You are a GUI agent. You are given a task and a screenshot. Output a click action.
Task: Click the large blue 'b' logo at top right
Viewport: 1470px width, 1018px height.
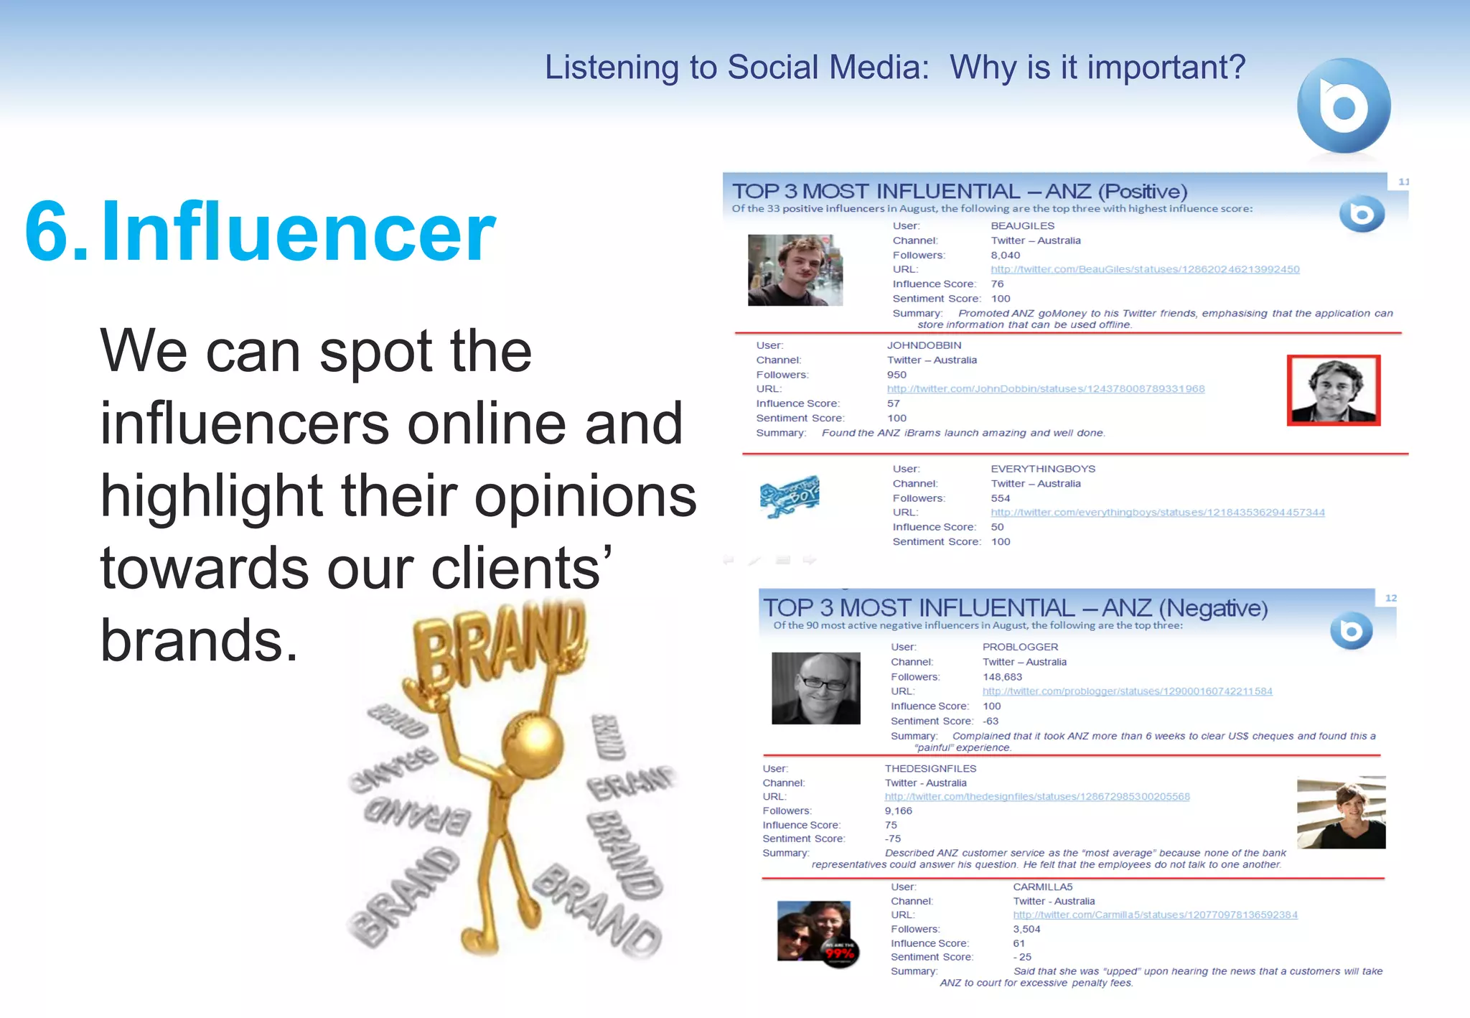1344,106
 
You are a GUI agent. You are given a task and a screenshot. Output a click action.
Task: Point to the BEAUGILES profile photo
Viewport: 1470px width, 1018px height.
795,271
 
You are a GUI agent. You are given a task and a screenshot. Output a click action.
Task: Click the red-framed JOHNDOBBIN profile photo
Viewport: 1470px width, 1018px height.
1333,391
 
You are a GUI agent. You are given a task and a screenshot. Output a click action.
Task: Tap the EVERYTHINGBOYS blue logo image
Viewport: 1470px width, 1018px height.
790,495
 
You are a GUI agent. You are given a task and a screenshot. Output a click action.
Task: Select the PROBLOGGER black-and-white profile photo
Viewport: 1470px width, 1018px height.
815,688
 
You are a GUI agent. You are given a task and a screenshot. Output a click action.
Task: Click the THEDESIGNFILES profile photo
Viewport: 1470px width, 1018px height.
1341,813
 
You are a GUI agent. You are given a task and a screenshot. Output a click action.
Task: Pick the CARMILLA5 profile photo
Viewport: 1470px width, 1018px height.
817,933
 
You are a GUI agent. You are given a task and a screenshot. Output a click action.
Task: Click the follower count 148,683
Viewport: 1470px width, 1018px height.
1002,677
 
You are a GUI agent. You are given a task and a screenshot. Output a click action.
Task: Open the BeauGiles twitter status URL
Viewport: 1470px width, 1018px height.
1145,270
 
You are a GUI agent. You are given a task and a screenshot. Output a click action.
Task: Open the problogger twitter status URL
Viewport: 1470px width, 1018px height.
1127,691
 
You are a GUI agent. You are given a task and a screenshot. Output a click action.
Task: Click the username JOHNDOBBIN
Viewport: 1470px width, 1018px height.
924,345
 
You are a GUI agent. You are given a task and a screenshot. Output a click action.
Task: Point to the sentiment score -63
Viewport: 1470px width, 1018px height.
991,721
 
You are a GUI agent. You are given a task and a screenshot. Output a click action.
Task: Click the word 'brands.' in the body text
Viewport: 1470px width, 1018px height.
199,640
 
